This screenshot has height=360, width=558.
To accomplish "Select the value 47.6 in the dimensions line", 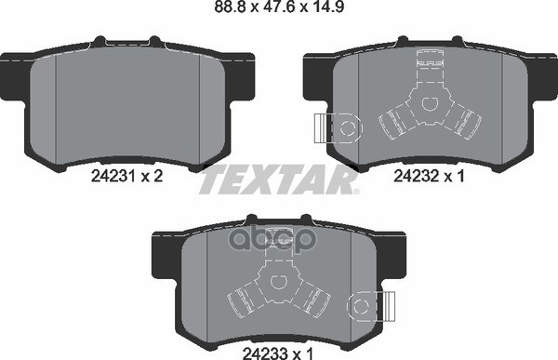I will point(280,10).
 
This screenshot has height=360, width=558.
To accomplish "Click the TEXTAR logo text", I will point(277,178).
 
